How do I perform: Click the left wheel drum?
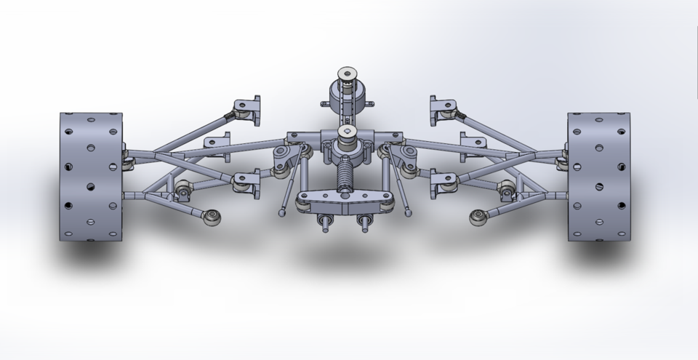click(x=91, y=176)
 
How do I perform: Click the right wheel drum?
click(x=598, y=176)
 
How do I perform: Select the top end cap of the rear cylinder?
click(x=347, y=75)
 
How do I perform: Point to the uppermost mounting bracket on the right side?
click(x=443, y=108)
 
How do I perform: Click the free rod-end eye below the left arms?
click(x=213, y=216)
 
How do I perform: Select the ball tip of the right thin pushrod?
click(x=408, y=213)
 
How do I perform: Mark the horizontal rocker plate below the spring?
click(x=344, y=201)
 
